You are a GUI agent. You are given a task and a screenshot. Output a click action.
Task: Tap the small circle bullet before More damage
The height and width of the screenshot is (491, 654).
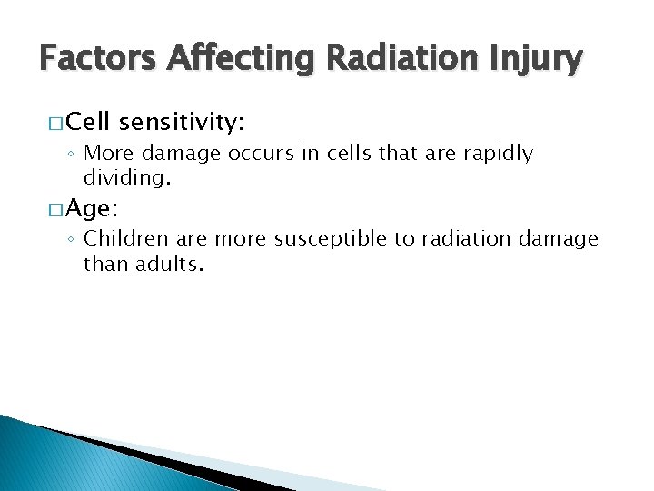[73, 154]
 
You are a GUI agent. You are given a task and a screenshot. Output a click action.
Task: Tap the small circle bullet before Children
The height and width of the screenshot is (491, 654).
[73, 240]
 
